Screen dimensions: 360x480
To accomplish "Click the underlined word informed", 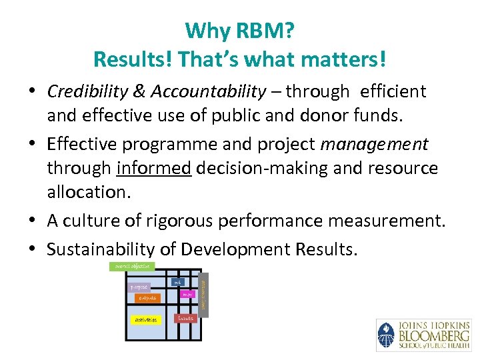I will tap(153, 168).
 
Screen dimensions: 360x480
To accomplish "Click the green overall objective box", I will tap(131, 267).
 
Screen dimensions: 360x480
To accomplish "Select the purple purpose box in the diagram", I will tap(140, 287).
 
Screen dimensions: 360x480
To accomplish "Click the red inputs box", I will tap(186, 319).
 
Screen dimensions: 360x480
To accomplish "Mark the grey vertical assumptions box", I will tap(204, 293).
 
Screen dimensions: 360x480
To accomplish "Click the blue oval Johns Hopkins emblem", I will tap(386, 335).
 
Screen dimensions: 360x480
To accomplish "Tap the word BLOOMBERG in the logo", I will tap(433, 335).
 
